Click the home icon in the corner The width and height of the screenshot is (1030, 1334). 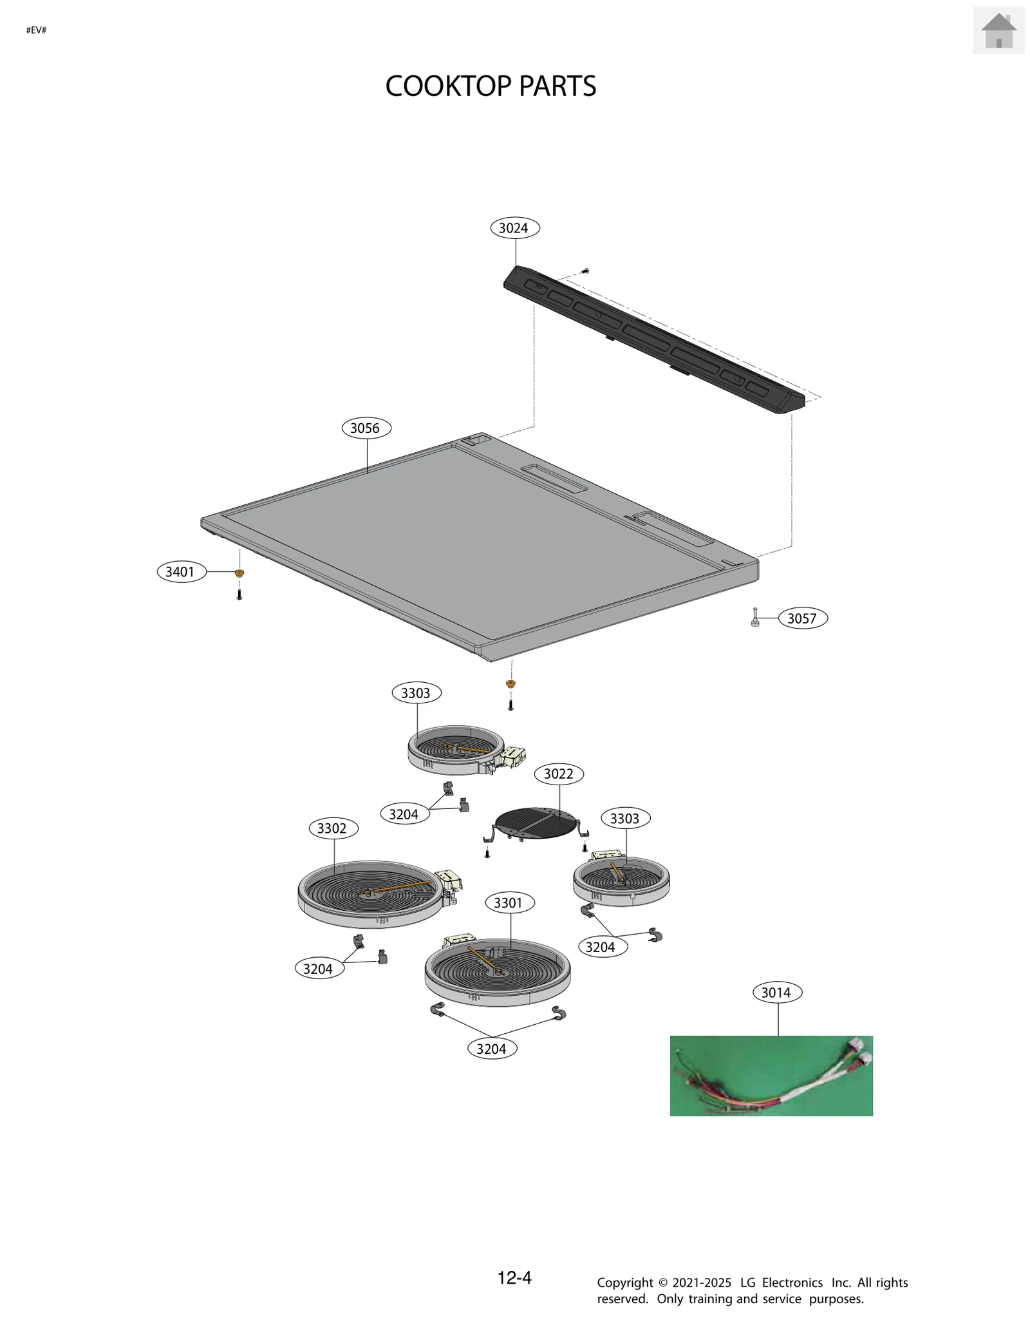coord(998,30)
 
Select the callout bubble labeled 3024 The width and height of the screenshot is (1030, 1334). coord(514,228)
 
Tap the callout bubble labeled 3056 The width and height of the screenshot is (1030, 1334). coord(366,428)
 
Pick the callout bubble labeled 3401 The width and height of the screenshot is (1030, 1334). coord(181,572)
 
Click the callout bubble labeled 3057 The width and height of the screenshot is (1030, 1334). coord(802,618)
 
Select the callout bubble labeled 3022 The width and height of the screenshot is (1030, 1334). coord(559,774)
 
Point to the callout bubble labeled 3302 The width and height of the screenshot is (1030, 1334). coord(333,828)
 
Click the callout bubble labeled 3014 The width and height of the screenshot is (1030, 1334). coord(777,993)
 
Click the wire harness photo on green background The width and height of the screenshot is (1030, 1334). coord(771,1076)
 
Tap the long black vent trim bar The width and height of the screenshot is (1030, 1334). coord(653,340)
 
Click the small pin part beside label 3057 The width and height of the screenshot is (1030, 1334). coord(755,618)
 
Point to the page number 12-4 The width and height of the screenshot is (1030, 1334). coord(514,1278)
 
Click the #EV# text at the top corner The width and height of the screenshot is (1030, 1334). coord(36,30)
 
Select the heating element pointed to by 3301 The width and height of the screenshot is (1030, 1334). coord(497,973)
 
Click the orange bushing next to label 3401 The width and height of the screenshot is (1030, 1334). coord(239,573)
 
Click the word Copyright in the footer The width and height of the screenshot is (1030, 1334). coord(624,1283)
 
